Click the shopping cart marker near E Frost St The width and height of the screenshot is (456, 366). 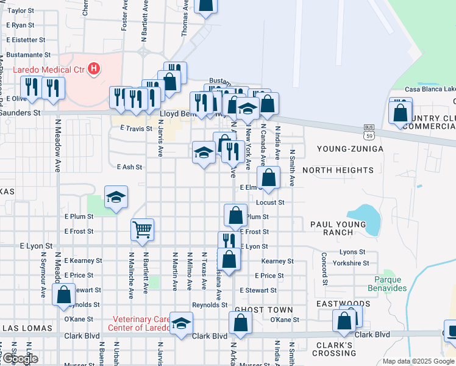[142, 229]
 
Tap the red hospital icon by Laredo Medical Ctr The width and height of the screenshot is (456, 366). [94, 68]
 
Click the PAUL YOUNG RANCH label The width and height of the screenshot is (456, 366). [338, 228]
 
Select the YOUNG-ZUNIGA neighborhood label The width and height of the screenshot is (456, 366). [350, 149]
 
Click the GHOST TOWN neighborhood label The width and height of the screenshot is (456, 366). [260, 310]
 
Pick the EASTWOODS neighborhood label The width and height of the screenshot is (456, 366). [343, 303]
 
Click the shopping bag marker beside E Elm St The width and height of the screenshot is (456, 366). [268, 178]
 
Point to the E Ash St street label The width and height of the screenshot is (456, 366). [129, 167]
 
